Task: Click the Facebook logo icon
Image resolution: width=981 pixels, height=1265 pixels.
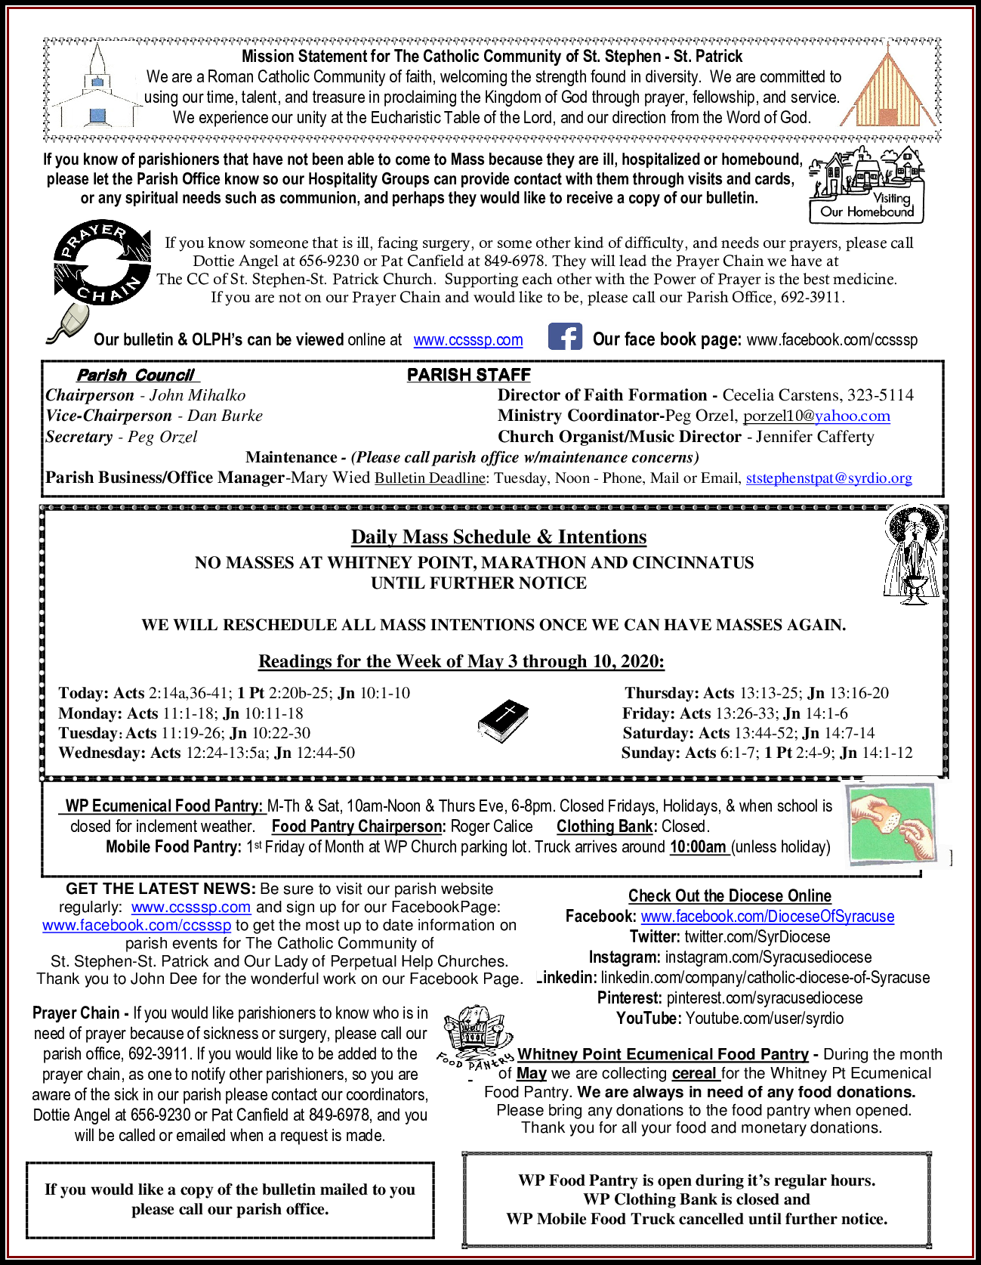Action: tap(565, 336)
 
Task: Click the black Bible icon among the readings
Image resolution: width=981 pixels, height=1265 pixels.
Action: tap(502, 721)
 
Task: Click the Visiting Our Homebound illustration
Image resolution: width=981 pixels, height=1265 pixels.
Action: tap(867, 184)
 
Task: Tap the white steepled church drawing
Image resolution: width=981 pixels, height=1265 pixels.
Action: tap(97, 87)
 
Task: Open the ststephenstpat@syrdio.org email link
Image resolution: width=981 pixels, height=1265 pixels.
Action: tap(828, 478)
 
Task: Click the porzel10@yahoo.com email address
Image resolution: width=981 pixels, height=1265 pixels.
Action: tap(816, 416)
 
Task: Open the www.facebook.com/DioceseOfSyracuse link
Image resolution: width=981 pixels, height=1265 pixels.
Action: tap(767, 917)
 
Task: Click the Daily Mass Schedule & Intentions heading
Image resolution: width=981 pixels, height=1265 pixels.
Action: tap(498, 537)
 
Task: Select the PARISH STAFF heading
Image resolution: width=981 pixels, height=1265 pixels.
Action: tap(468, 375)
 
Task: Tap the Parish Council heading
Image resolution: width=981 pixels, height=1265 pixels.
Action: tap(136, 376)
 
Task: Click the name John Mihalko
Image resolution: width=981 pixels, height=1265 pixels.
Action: tap(197, 395)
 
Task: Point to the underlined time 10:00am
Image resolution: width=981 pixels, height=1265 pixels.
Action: tap(698, 847)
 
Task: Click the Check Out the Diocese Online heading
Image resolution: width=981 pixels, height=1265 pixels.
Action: tap(730, 896)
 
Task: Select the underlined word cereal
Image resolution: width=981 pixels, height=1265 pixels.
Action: tap(693, 1073)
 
